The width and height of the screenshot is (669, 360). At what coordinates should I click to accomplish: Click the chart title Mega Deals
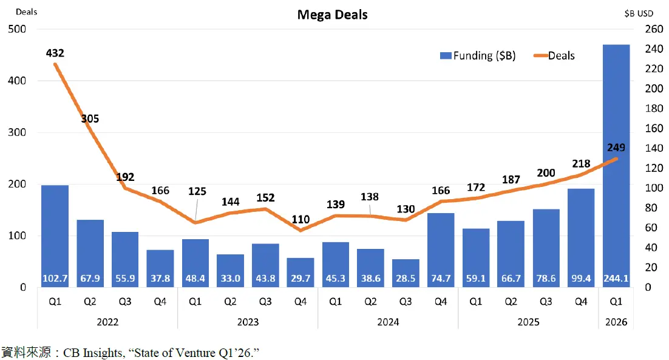pos(332,15)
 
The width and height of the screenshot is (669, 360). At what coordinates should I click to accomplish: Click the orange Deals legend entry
pos(554,56)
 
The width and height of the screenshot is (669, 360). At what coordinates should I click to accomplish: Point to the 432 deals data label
pos(55,53)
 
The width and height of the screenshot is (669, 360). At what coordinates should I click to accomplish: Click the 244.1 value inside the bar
pos(616,279)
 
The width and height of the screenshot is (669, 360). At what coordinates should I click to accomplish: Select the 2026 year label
pos(616,322)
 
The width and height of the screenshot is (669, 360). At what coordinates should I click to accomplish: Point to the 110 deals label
pos(300,219)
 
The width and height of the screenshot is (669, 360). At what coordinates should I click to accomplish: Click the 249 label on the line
pos(616,147)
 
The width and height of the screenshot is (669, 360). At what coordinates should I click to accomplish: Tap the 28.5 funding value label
pos(405,279)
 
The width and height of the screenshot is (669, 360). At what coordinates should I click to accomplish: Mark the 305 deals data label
pos(90,119)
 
